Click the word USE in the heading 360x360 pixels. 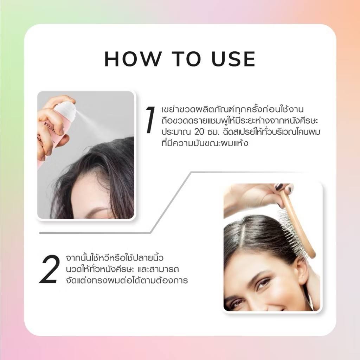[233, 59]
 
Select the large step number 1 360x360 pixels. [150, 120]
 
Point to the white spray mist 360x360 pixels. [92, 123]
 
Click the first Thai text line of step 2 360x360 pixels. [115, 258]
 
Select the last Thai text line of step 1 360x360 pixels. [205, 143]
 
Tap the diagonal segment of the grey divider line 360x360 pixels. [171, 202]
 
